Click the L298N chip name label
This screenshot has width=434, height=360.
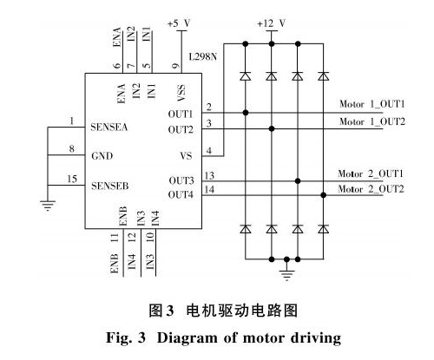(203, 56)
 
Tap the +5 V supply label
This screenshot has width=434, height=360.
(179, 23)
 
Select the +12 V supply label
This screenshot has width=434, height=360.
(272, 23)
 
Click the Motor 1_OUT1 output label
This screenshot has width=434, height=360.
(372, 104)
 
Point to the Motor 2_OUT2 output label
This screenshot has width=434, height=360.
(371, 189)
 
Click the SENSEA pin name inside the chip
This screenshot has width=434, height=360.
(109, 127)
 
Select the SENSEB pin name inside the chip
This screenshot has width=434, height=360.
(110, 186)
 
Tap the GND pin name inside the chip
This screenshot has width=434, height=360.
(102, 156)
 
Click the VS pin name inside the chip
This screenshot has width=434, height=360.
(186, 156)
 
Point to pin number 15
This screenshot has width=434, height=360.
(72, 179)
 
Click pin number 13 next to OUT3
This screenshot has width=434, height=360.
(209, 175)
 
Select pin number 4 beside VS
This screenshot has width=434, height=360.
(208, 151)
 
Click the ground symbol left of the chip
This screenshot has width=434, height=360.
(48, 205)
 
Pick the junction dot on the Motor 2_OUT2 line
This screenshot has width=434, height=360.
(324, 195)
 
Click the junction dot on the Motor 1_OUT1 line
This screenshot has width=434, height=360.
(246, 113)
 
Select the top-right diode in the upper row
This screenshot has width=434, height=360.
(324, 76)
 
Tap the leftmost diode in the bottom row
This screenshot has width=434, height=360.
(246, 229)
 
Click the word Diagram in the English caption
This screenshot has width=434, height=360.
(187, 338)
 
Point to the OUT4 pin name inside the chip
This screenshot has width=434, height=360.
(181, 195)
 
